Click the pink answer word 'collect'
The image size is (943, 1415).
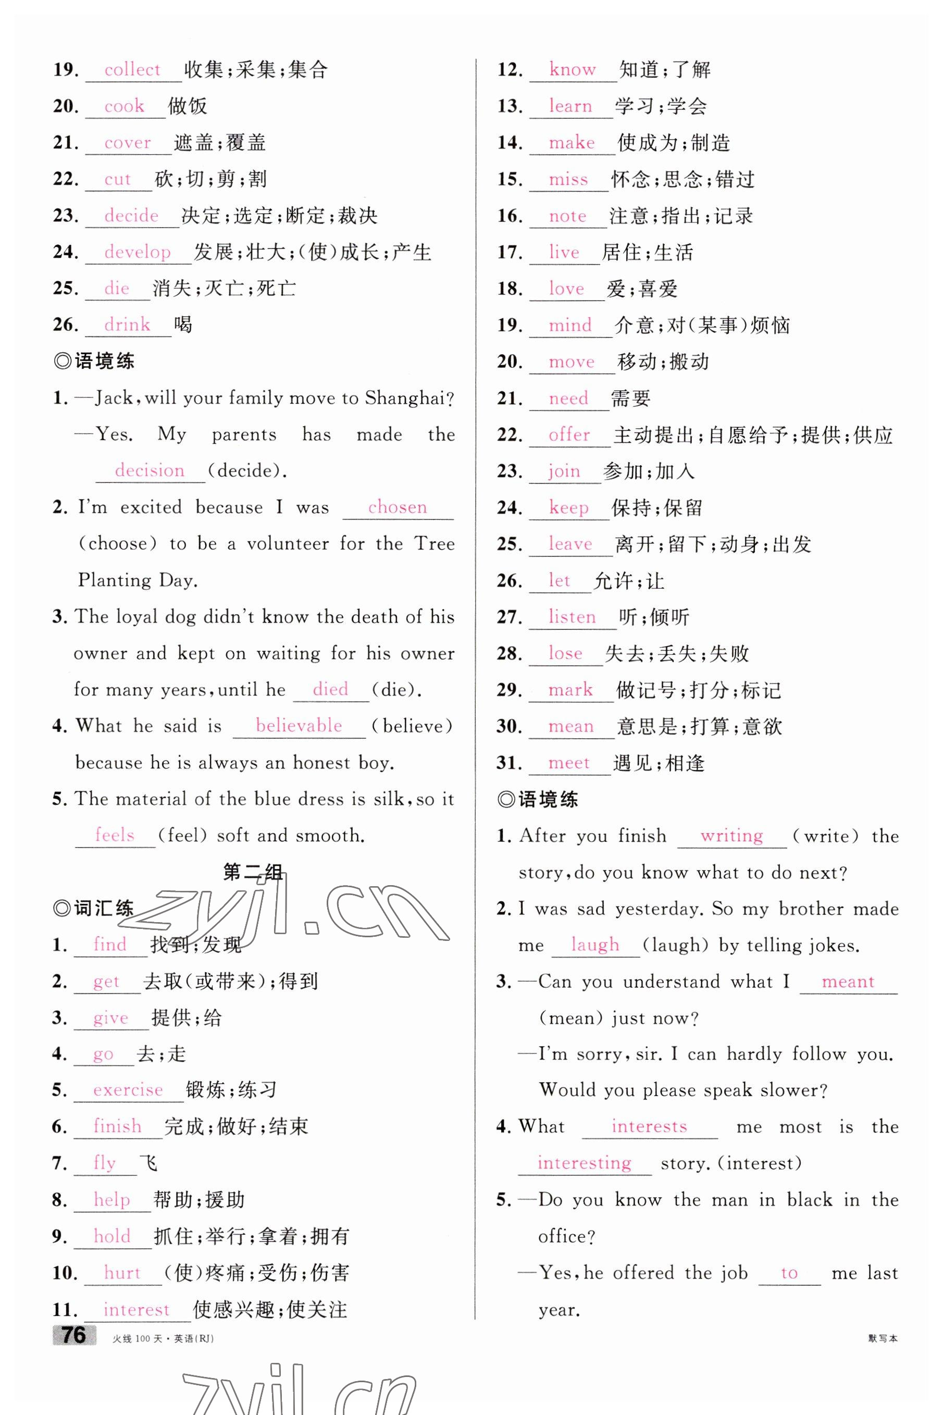(132, 70)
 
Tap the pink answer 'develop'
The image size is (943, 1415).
(137, 252)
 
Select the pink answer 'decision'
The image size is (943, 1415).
(149, 470)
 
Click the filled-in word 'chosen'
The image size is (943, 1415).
(397, 507)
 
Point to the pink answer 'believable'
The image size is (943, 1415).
(299, 725)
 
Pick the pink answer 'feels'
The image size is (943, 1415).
(114, 835)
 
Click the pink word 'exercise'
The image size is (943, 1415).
(128, 1090)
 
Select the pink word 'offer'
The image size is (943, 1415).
(569, 435)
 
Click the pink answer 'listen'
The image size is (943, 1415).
(572, 617)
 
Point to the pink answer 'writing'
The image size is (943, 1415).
(731, 835)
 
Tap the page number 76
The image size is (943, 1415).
(75, 1335)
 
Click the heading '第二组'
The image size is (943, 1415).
(253, 872)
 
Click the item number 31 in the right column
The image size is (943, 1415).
(509, 763)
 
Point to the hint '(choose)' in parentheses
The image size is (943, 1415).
(118, 543)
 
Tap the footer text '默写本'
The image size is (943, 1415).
(882, 1338)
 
